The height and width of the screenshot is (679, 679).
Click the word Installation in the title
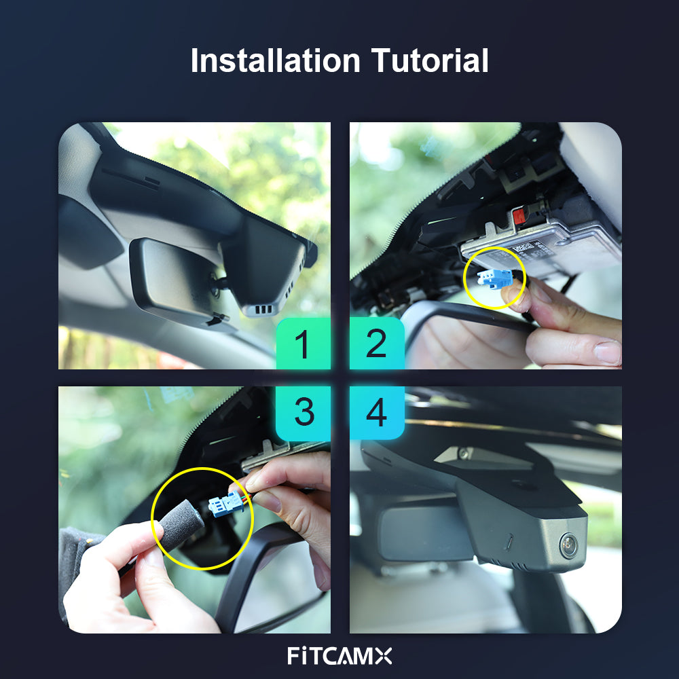tap(276, 61)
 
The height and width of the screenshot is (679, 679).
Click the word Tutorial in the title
tap(429, 61)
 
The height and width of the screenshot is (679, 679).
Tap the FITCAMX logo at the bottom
tap(339, 656)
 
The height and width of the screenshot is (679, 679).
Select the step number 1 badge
tap(303, 344)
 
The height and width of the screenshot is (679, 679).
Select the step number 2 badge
tap(377, 344)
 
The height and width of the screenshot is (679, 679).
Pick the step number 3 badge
tap(303, 412)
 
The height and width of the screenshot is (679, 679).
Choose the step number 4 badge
tap(377, 412)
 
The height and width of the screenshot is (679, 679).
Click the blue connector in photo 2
tap(494, 277)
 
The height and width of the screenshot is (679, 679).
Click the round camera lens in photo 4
tap(568, 544)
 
